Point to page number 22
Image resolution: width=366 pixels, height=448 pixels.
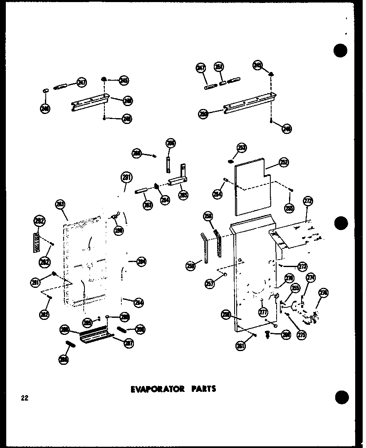[x=25, y=398]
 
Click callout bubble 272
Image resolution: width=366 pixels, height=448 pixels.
[x=307, y=202]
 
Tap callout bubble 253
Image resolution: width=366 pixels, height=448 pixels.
[x=242, y=147]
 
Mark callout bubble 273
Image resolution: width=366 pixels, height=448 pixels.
[x=302, y=266]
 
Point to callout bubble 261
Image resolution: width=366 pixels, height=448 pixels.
[x=241, y=345]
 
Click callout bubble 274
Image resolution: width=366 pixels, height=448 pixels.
[x=311, y=278]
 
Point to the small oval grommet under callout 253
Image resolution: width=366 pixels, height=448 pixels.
[x=230, y=161]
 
